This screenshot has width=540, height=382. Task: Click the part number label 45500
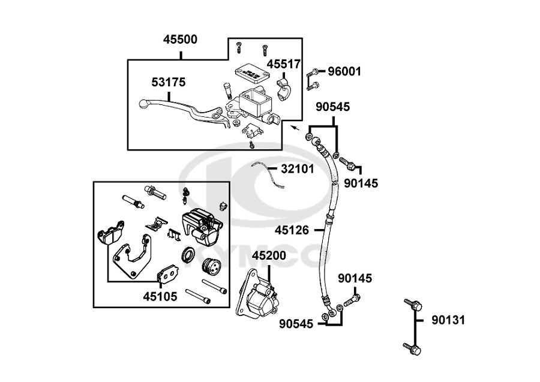180,40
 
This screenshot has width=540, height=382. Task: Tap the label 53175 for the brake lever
168,82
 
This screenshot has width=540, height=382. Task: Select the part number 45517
284,64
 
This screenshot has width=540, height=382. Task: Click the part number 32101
297,169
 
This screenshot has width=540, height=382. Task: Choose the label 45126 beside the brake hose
292,229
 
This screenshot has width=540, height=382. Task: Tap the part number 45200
269,255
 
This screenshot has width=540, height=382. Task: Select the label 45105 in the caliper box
160,296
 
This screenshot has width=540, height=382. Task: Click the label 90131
448,320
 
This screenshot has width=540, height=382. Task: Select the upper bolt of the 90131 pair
409,303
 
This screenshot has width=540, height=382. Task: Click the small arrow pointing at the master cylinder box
294,127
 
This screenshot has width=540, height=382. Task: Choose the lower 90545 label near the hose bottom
296,324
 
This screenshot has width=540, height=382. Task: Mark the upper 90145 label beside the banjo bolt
361,183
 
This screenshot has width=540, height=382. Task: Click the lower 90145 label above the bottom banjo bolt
355,278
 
